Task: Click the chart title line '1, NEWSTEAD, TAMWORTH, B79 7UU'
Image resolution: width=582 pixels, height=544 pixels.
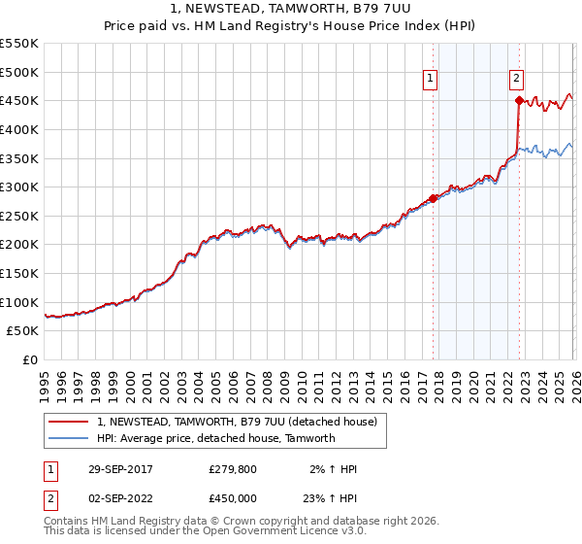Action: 291,10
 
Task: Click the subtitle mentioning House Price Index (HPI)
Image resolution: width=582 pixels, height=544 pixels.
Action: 291,27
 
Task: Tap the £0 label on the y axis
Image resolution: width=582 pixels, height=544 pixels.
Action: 29,359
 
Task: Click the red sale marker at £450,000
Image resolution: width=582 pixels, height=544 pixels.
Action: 519,100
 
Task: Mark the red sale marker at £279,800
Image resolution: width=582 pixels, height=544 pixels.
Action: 434,198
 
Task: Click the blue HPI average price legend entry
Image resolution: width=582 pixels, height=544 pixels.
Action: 215,438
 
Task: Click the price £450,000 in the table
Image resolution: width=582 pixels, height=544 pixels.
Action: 234,498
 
